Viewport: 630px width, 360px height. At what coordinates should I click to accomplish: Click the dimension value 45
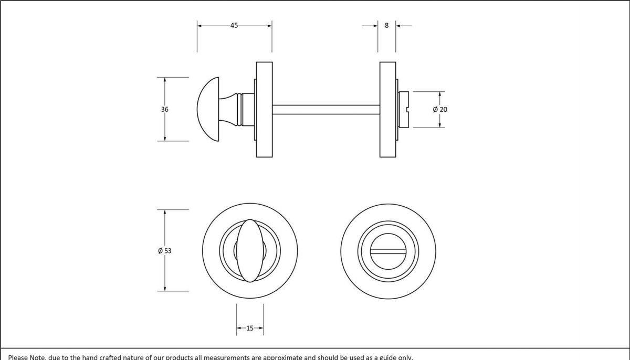[x=234, y=25]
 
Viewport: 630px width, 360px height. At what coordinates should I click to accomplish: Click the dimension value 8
[x=387, y=25]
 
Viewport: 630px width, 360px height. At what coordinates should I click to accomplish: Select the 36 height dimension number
[x=165, y=109]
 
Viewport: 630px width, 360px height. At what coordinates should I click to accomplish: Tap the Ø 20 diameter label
[x=440, y=109]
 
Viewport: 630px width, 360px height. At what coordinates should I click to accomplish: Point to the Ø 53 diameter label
[x=165, y=251]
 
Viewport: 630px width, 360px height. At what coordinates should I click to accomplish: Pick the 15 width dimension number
[x=249, y=329]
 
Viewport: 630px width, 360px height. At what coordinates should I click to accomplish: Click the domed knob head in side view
[x=208, y=109]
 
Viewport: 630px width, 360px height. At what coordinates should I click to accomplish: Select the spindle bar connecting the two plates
[x=325, y=109]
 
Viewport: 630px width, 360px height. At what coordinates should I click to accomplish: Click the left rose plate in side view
[x=264, y=109]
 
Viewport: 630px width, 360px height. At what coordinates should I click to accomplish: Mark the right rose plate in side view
[x=387, y=109]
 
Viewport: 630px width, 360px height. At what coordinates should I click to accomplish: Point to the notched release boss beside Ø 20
[x=404, y=109]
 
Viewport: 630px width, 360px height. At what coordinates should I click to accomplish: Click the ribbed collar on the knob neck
[x=240, y=109]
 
